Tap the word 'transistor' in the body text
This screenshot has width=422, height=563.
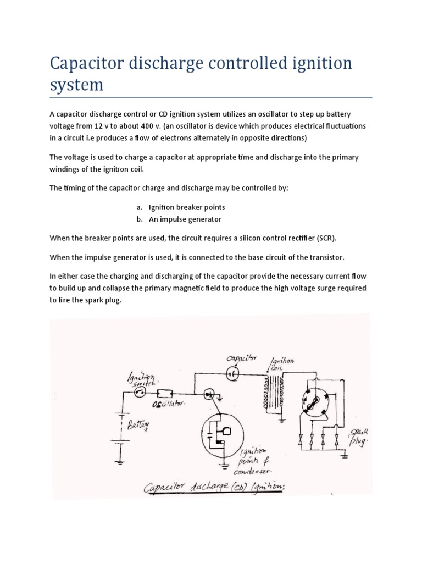(328, 257)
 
